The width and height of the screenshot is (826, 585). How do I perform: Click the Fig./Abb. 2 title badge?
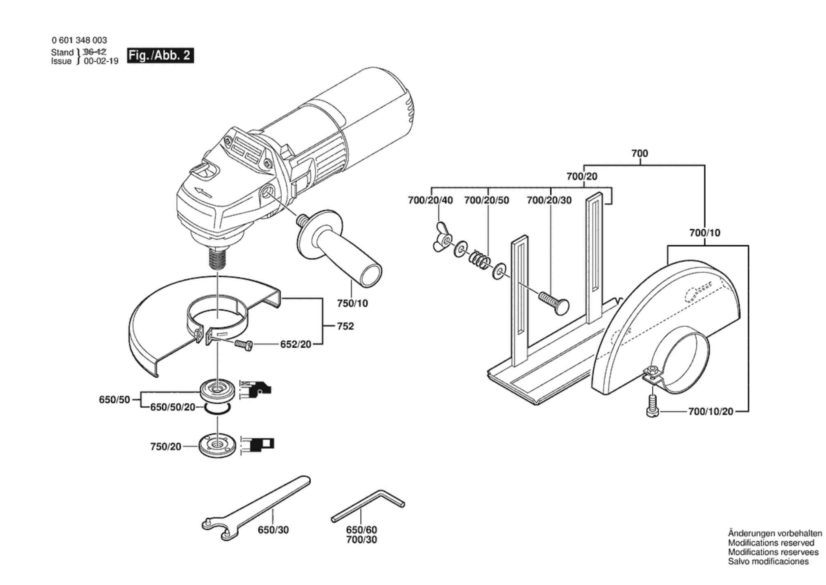(160, 56)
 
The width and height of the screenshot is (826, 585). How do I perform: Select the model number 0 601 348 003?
(79, 40)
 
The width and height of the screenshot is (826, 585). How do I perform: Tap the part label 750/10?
(352, 303)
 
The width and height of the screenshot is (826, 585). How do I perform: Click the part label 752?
(345, 326)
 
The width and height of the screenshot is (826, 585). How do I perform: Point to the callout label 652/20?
(296, 344)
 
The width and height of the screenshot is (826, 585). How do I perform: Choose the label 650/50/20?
(173, 407)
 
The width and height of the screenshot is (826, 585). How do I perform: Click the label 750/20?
(165, 447)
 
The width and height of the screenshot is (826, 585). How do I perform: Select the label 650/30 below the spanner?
(273, 530)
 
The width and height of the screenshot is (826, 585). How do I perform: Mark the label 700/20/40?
(431, 200)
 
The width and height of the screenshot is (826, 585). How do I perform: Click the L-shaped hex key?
(368, 505)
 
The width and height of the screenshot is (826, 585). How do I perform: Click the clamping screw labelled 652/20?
(244, 346)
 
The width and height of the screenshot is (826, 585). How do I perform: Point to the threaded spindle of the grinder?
(217, 256)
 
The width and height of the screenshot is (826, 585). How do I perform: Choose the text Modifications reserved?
(771, 543)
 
